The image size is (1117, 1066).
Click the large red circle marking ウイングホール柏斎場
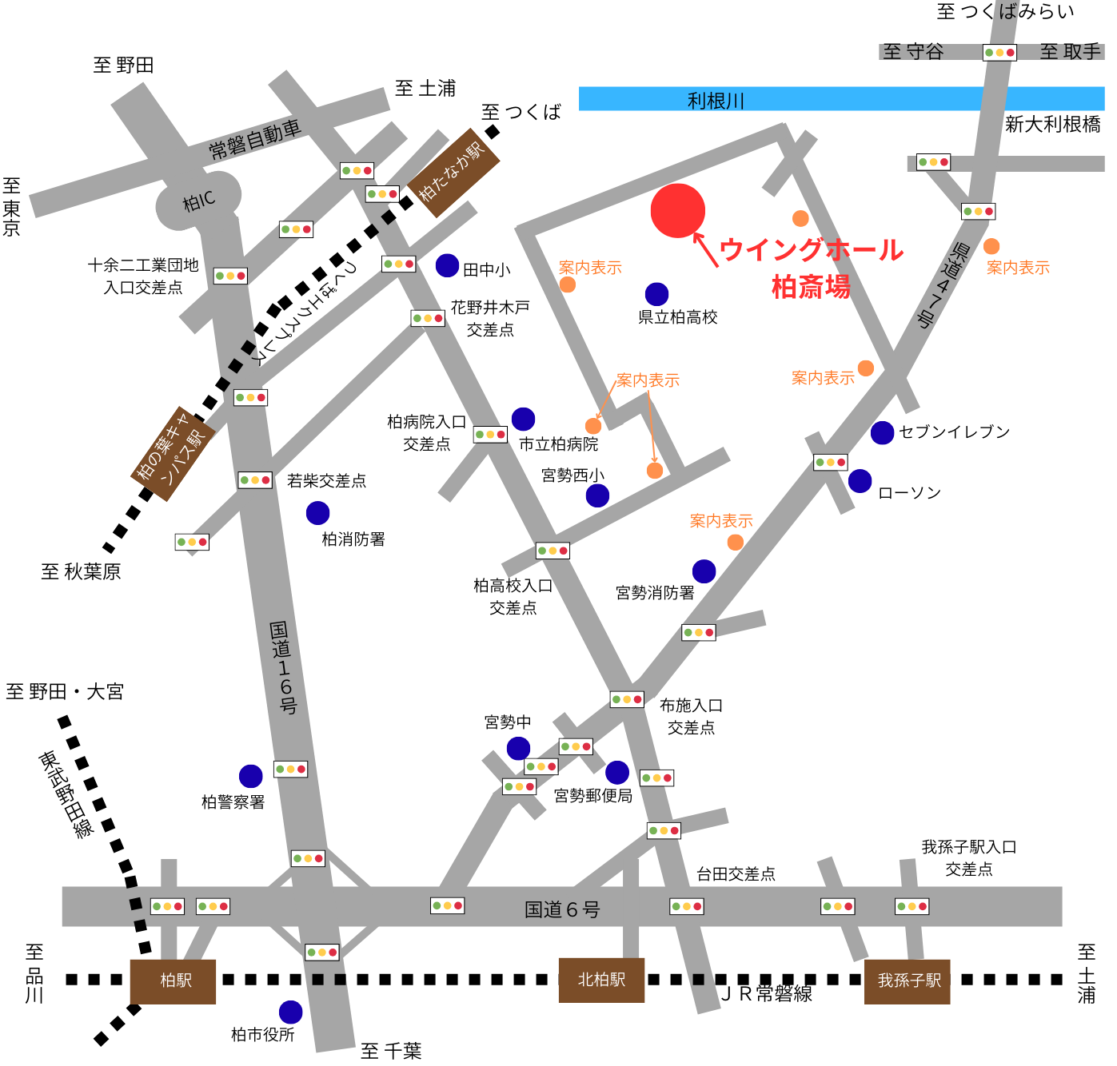click(x=677, y=211)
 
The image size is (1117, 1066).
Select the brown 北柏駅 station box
click(x=601, y=980)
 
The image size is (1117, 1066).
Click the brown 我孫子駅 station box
click(x=908, y=980)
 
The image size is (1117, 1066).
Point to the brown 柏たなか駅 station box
click(x=453, y=173)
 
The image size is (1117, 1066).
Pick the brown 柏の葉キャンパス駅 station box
click(x=172, y=453)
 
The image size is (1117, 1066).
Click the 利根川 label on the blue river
click(x=716, y=101)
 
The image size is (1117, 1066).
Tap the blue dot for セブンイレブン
click(x=882, y=432)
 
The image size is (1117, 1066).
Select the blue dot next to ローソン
click(x=860, y=481)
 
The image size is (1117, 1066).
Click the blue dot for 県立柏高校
click(x=656, y=293)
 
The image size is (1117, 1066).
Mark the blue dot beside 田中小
click(x=447, y=265)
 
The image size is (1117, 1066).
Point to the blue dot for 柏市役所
click(x=290, y=1012)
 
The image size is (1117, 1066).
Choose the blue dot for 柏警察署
click(x=250, y=776)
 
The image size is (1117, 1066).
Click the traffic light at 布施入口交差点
click(x=627, y=700)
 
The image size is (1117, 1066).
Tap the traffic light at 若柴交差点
click(x=255, y=480)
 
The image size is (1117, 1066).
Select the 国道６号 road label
click(x=562, y=909)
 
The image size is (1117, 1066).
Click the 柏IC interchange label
click(x=198, y=201)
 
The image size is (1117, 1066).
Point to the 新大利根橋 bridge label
click(x=1052, y=125)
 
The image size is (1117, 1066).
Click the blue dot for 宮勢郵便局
click(x=616, y=772)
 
